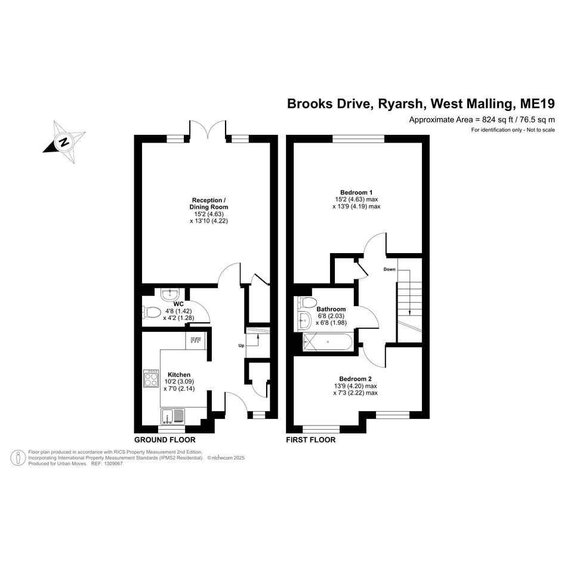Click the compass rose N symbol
click(x=64, y=142)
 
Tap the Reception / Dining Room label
click(x=209, y=204)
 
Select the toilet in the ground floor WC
click(x=152, y=312)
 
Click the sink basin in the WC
click(x=169, y=295)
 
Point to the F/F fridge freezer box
click(x=196, y=340)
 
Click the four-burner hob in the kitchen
click(x=151, y=378)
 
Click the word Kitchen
click(x=179, y=375)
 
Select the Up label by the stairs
click(x=241, y=346)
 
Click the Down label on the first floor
click(x=389, y=269)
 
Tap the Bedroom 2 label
click(x=355, y=379)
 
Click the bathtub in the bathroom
click(x=328, y=342)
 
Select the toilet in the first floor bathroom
click(x=306, y=302)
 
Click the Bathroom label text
click(x=331, y=309)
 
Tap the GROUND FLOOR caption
click(x=165, y=439)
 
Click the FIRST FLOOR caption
click(x=311, y=439)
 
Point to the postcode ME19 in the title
click(x=537, y=104)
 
